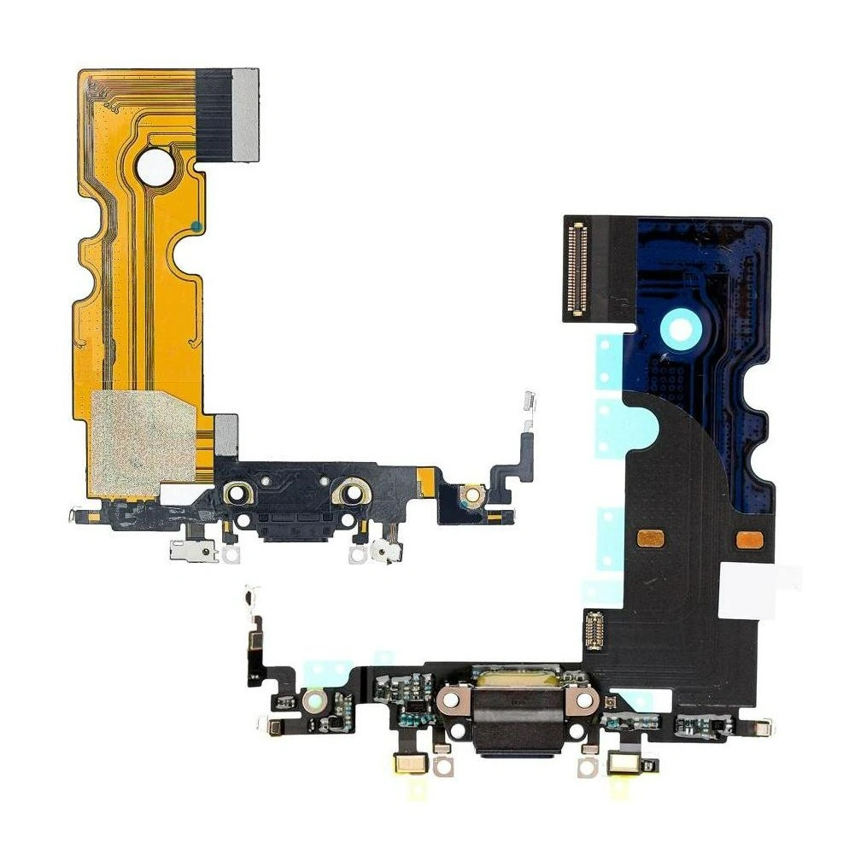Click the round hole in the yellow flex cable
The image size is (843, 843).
[x=155, y=166]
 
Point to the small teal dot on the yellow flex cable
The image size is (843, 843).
[x=196, y=226]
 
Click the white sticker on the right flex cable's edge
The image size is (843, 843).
[x=758, y=589]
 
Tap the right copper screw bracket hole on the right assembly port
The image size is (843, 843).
[x=584, y=700]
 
